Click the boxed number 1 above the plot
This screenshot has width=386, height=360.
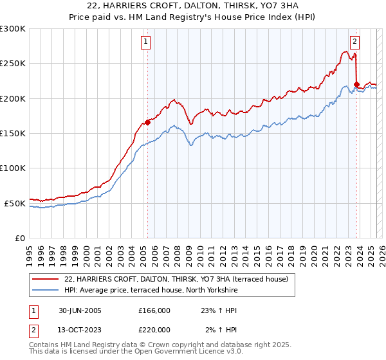coord(147,42)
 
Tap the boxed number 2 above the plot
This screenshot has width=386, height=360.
coord(355,42)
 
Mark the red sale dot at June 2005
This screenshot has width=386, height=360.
coord(148,122)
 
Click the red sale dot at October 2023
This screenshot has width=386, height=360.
coord(356,84)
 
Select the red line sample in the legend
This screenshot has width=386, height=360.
coord(44,279)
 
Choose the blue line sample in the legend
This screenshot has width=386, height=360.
coord(44,291)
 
